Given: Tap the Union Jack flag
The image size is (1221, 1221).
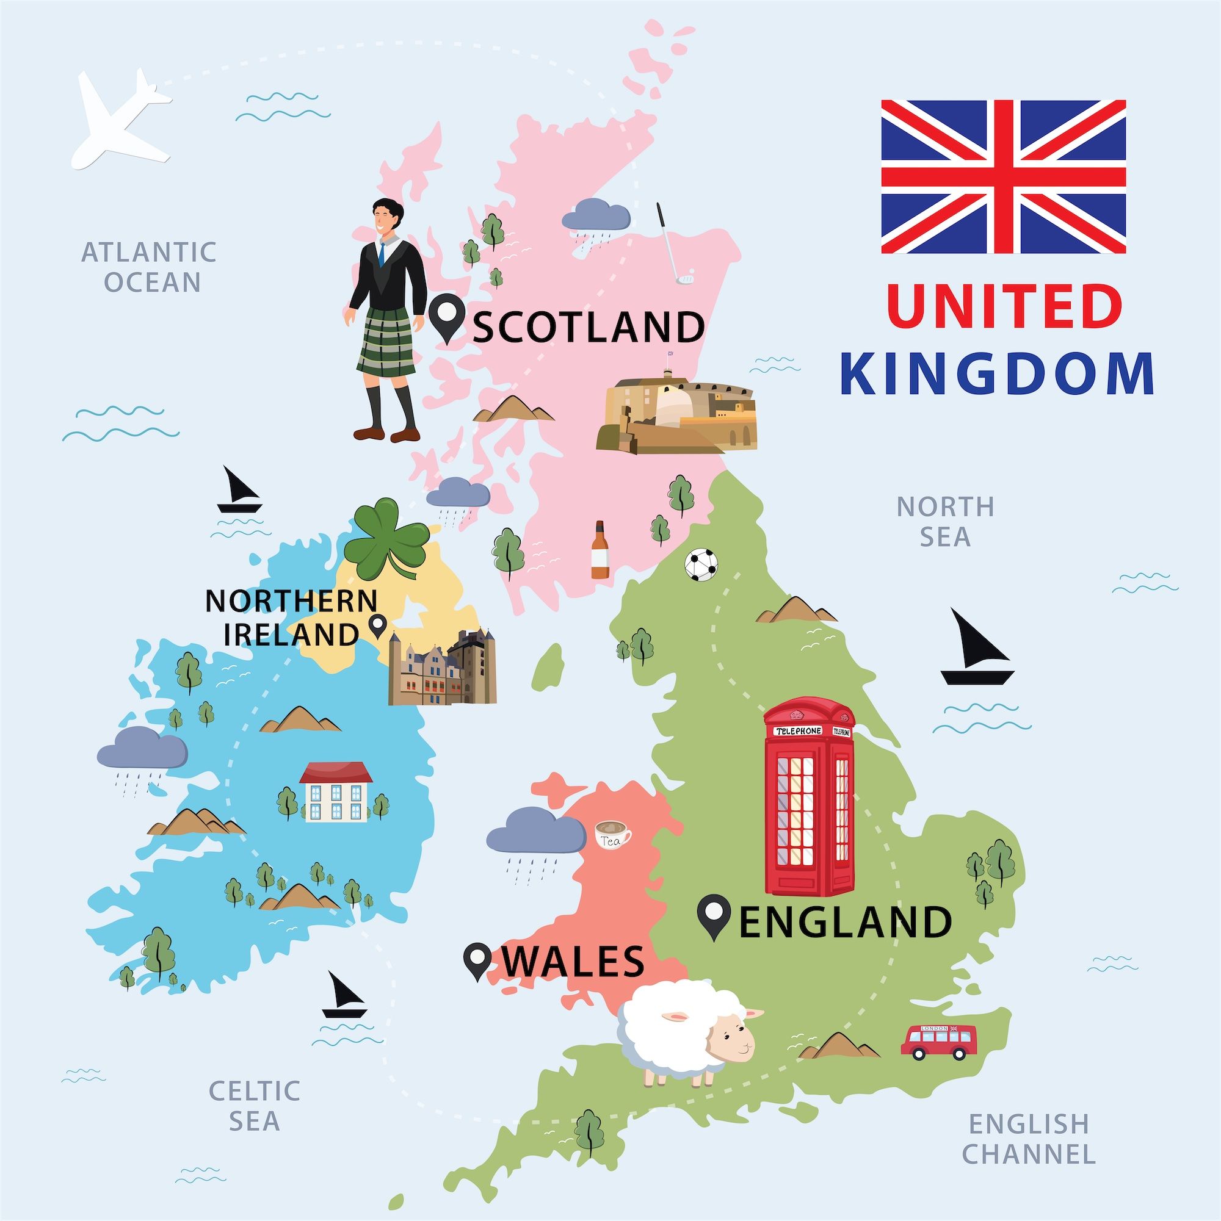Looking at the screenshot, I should pos(1003,176).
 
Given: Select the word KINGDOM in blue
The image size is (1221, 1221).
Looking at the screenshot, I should pos(997,374).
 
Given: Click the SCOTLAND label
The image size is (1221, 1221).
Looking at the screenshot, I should pos(588,326).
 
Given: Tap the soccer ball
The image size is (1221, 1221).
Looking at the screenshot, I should pos(702,564).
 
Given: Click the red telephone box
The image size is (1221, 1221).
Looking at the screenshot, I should pos(809,796).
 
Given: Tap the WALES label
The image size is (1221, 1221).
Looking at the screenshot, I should pos(573,962).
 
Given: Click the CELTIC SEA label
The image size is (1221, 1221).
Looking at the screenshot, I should pos(254,1106).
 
